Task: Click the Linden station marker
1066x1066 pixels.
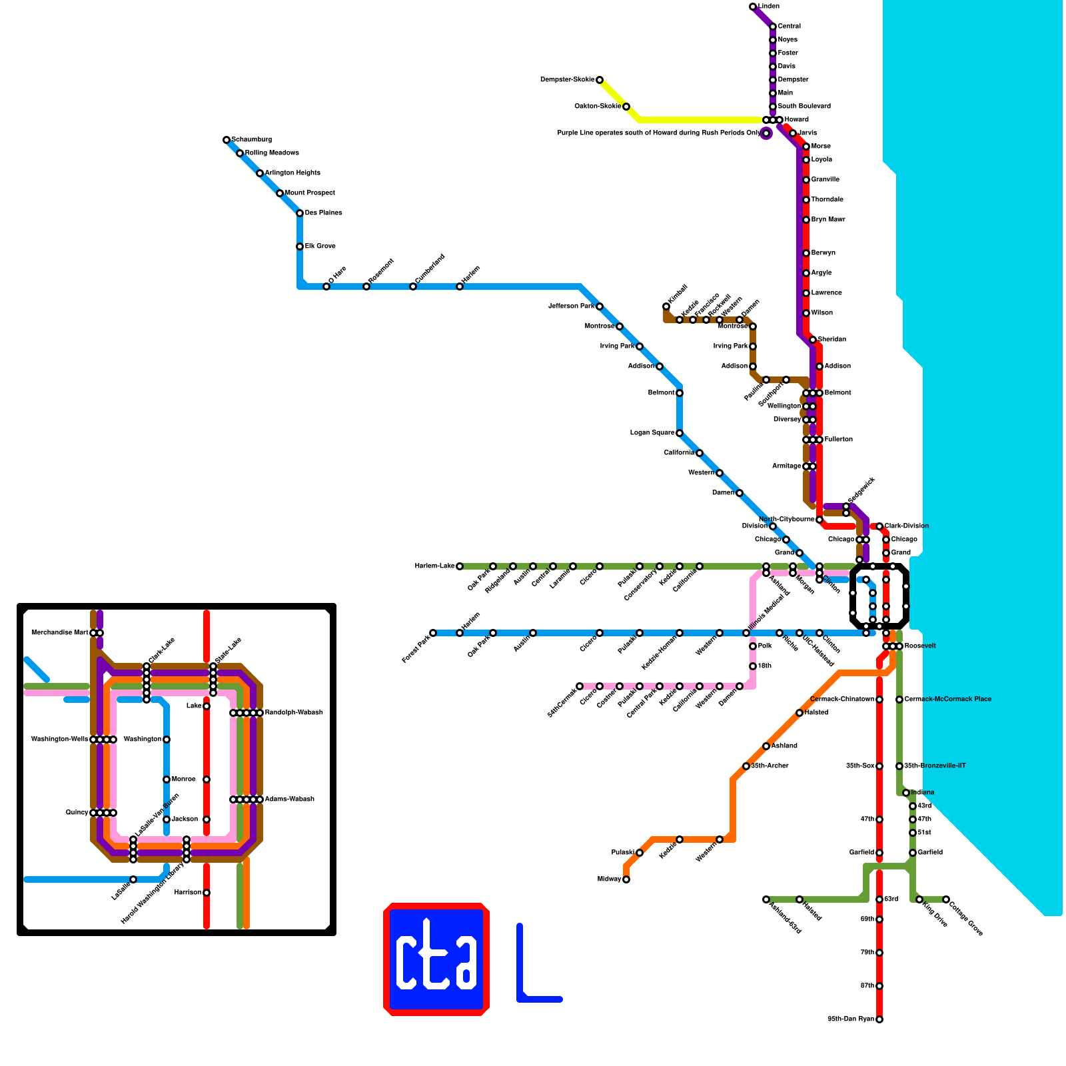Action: click(753, 7)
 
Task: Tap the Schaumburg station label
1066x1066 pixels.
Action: click(251, 140)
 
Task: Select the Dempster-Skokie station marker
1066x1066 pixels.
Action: click(600, 80)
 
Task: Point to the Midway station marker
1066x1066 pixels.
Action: click(626, 879)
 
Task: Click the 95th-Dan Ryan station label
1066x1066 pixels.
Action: click(850, 1019)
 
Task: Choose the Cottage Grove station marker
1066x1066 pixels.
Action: click(946, 899)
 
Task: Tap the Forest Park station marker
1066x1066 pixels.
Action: click(433, 633)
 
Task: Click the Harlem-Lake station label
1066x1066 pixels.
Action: click(434, 566)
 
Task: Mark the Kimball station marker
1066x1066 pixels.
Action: click(666, 306)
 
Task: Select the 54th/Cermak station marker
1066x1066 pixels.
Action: click(580, 686)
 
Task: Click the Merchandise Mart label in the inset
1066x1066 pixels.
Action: click(59, 633)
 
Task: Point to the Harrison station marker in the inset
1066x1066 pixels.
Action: click(207, 893)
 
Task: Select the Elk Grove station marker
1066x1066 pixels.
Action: click(300, 247)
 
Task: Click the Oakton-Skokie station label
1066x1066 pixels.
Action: click(597, 107)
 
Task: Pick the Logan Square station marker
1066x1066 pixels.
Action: click(680, 433)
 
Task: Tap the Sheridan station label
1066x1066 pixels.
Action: click(831, 340)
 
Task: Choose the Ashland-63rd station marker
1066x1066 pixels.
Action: click(766, 899)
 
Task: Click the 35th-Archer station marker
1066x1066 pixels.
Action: click(746, 766)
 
